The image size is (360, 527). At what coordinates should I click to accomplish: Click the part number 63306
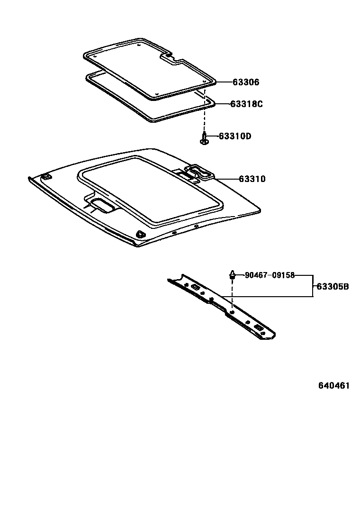[246, 82]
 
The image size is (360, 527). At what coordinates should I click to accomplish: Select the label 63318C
[246, 104]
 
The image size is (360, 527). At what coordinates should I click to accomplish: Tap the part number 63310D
[234, 136]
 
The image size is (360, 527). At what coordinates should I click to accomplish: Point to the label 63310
[252, 179]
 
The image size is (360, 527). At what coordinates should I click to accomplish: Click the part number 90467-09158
[270, 275]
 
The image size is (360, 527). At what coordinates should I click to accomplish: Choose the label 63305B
[333, 286]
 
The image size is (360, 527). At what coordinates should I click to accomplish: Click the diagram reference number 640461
[333, 385]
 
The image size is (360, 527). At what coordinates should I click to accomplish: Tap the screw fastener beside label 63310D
[204, 139]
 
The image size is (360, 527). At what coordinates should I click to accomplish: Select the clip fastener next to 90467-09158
[233, 274]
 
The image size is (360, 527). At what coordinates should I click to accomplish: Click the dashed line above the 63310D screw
[205, 116]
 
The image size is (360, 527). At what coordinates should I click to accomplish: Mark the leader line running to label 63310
[226, 179]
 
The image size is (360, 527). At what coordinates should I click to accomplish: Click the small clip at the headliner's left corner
[46, 177]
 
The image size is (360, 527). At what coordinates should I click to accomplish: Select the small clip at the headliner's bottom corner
[140, 234]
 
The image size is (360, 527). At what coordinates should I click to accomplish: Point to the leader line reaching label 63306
[225, 82]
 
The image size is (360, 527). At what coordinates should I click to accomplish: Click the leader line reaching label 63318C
[223, 104]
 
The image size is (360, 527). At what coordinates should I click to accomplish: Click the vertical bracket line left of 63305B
[312, 286]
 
